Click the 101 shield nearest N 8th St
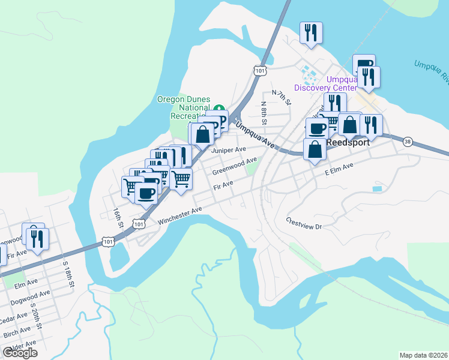[x=259, y=71]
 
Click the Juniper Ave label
[x=229, y=149]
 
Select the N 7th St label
[x=281, y=98]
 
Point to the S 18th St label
[x=67, y=275]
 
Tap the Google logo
[x=20, y=352]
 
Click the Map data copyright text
[x=423, y=355]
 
